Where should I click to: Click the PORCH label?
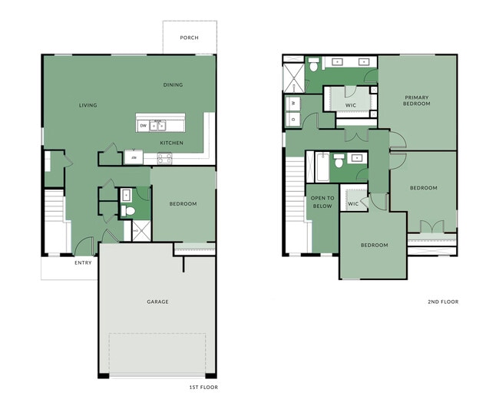pyautogui.click(x=189, y=37)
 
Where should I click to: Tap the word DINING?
pyautogui.click(x=173, y=84)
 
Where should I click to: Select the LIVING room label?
pyautogui.click(x=88, y=105)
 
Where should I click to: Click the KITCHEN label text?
pyautogui.click(x=170, y=143)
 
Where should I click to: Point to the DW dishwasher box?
pyautogui.click(x=143, y=125)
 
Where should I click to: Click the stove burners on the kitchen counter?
pyautogui.click(x=164, y=158)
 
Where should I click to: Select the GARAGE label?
pyautogui.click(x=157, y=302)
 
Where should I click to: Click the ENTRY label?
pyautogui.click(x=83, y=263)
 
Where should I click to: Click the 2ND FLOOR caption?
pyautogui.click(x=443, y=302)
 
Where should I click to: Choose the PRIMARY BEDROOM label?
pyautogui.click(x=417, y=101)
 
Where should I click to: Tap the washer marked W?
pyautogui.click(x=292, y=102)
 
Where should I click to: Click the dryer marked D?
pyautogui.click(x=292, y=118)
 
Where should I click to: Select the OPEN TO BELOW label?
pyautogui.click(x=321, y=202)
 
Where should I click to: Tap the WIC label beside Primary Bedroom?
pyautogui.click(x=350, y=105)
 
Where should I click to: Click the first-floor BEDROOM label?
pyautogui.click(x=183, y=203)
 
